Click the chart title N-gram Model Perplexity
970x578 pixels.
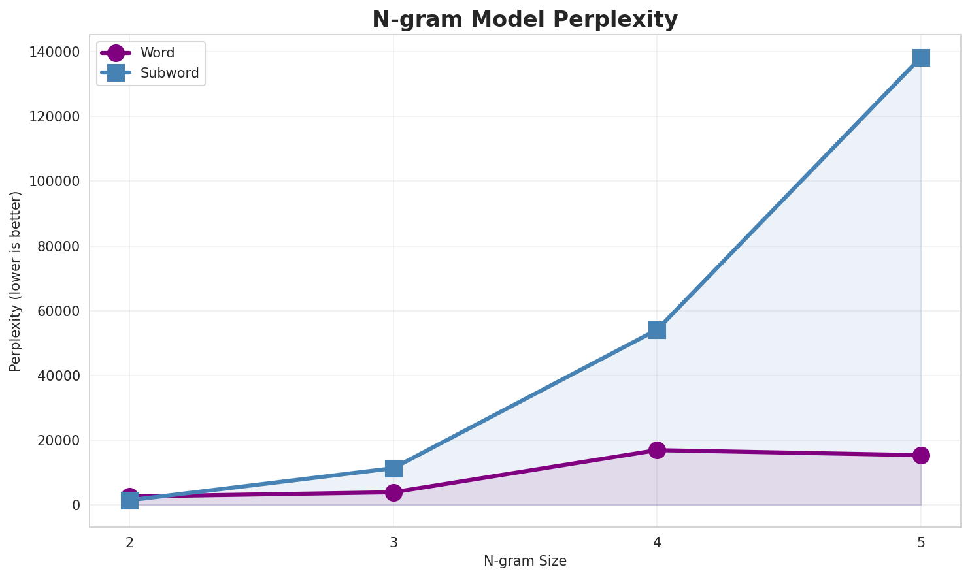click(x=525, y=20)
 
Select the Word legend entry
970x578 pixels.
click(x=157, y=53)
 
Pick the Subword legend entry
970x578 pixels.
click(x=169, y=73)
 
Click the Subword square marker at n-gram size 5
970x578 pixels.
click(x=921, y=57)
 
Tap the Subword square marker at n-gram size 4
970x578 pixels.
click(x=657, y=330)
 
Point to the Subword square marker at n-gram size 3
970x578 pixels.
click(x=393, y=468)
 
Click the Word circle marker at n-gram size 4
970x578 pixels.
click(x=657, y=450)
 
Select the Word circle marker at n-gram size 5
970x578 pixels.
click(x=921, y=455)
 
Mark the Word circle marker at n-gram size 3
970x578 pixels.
click(x=393, y=492)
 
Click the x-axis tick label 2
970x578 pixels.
click(x=129, y=542)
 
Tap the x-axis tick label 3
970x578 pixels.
click(x=393, y=542)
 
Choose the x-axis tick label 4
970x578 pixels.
click(x=657, y=542)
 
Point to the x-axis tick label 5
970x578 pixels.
click(x=921, y=542)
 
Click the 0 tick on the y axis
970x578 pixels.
click(x=76, y=505)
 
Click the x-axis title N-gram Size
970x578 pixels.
click(x=525, y=561)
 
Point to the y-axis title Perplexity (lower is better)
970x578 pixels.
click(x=16, y=281)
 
